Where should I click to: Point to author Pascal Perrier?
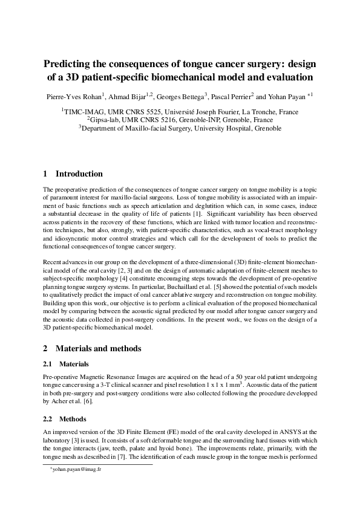click(232, 96)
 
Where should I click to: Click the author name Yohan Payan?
click(284, 96)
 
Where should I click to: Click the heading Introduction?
click(79, 174)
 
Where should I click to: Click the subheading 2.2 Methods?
click(73, 418)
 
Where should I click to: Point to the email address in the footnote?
click(76, 469)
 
